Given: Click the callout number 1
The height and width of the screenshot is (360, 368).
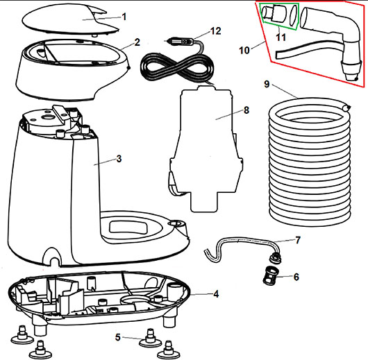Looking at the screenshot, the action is click(x=124, y=17).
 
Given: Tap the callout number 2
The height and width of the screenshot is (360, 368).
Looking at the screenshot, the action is click(x=137, y=42).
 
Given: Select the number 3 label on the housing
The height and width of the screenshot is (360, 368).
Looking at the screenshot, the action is click(x=119, y=159).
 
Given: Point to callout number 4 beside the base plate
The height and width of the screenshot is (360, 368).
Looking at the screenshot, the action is click(x=216, y=294).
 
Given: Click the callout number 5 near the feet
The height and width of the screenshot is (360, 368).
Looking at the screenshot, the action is click(x=118, y=337).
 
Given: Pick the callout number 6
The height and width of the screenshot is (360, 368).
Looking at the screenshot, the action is click(x=296, y=277).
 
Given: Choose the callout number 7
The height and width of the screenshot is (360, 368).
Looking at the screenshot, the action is click(x=298, y=240).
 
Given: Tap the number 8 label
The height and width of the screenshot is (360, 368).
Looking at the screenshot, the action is click(x=246, y=110).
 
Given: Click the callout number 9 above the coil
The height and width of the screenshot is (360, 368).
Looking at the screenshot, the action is click(x=267, y=84).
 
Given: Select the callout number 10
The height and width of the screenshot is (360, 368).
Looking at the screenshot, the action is click(x=244, y=50).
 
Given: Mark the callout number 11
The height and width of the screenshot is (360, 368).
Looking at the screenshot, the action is click(x=281, y=37).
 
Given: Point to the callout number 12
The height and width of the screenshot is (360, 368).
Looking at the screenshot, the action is click(x=216, y=31).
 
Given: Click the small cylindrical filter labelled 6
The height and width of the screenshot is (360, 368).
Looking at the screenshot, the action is click(x=269, y=275).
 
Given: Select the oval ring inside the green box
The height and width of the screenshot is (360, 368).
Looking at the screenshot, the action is click(x=294, y=15).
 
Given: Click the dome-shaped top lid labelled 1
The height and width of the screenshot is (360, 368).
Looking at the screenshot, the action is click(x=70, y=19).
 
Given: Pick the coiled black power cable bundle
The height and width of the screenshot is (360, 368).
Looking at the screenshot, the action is click(x=177, y=67).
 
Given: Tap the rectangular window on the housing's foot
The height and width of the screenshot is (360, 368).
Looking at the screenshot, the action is click(x=128, y=228).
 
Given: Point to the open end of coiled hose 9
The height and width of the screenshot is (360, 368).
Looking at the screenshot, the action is click(x=346, y=108).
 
